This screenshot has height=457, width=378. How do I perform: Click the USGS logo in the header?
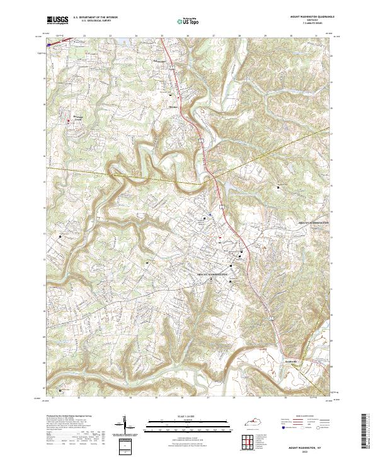(57, 20)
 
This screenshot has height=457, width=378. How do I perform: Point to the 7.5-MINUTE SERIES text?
(309, 25)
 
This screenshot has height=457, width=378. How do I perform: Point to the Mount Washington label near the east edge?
(314, 223)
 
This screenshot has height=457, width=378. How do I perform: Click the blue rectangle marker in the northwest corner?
(49, 45)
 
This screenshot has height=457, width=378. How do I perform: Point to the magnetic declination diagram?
(125, 425)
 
